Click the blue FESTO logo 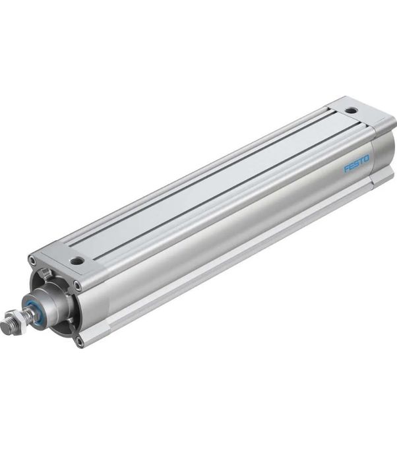point(357,164)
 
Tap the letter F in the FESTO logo point(346,169)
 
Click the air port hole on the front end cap point(78,261)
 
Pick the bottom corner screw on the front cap point(79,341)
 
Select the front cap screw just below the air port point(78,286)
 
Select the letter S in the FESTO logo point(357,164)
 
